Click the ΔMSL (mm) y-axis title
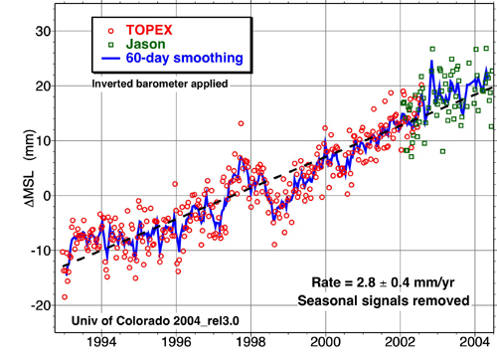(13, 175)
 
